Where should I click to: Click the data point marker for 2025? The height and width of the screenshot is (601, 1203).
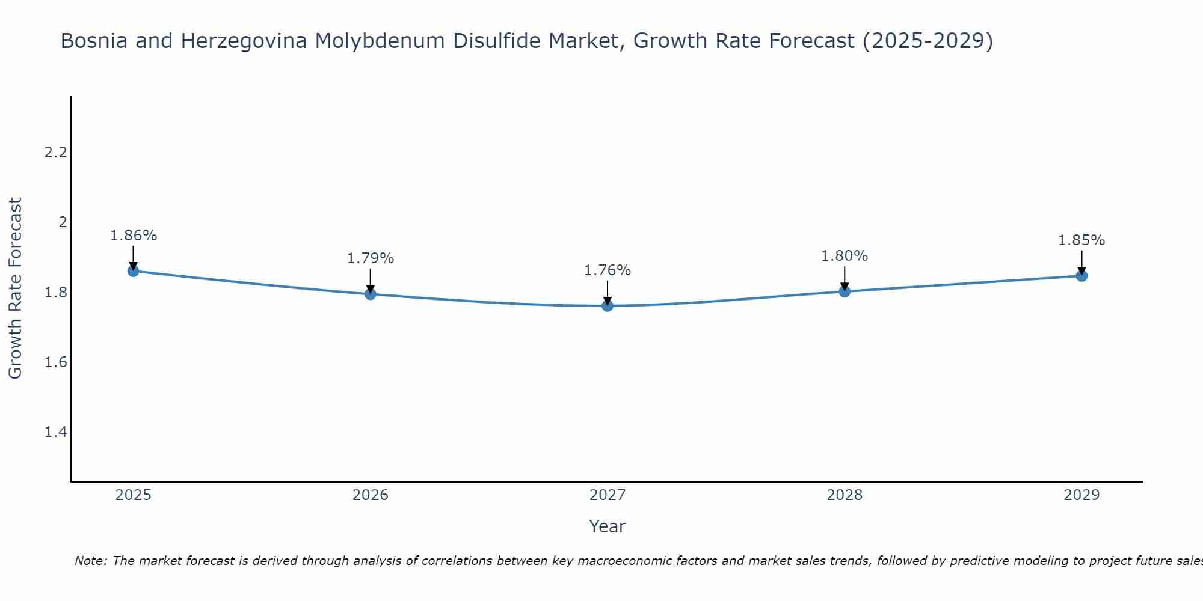click(x=134, y=271)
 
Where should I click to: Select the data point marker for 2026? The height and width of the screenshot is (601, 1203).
click(x=371, y=294)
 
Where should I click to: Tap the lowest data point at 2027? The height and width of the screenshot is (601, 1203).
click(x=608, y=306)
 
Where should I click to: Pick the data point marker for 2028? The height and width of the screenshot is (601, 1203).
click(x=845, y=291)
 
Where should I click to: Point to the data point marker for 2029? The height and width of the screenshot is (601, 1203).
click(x=1081, y=276)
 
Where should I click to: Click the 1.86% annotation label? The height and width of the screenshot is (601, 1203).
click(x=134, y=236)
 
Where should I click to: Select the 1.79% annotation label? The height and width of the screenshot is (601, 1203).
click(x=371, y=258)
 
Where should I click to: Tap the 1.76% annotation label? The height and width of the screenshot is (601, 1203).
click(x=608, y=270)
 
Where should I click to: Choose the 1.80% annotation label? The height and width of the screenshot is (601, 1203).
click(x=845, y=256)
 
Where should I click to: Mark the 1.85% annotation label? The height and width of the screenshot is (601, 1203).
click(x=1081, y=240)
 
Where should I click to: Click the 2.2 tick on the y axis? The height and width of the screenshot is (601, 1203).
click(x=55, y=153)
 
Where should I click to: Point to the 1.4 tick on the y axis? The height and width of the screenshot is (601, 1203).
click(x=55, y=432)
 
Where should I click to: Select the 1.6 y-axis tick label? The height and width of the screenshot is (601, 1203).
click(x=55, y=362)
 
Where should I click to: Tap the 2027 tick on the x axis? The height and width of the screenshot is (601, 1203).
click(x=608, y=495)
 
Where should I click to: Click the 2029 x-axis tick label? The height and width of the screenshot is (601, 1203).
click(x=1081, y=495)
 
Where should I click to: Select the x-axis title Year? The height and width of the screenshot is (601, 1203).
click(x=608, y=526)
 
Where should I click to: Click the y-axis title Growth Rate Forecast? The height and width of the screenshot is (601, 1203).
click(x=16, y=288)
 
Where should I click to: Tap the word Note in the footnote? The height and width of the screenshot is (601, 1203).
click(x=90, y=561)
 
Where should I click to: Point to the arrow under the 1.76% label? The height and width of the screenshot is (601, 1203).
click(x=608, y=293)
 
